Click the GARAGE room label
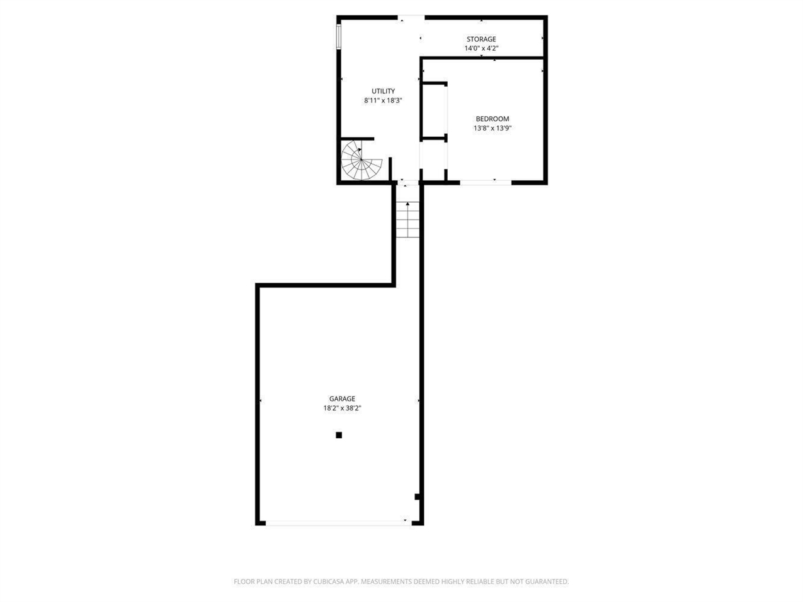tap(342, 399)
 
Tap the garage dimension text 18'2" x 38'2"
tap(342, 408)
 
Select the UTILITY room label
tap(383, 91)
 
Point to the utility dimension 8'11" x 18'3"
tap(383, 100)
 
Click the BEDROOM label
tap(492, 119)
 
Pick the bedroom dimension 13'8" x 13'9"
tap(492, 128)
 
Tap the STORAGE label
tap(481, 39)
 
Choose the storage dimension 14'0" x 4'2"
tap(481, 48)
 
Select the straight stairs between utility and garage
tap(407, 220)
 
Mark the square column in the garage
tap(339, 435)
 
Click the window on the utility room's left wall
tap(339, 36)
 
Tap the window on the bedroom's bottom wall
tap(486, 182)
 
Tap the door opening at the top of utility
tap(412, 17)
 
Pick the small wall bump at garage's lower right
tap(418, 497)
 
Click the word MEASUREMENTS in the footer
tap(386, 582)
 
